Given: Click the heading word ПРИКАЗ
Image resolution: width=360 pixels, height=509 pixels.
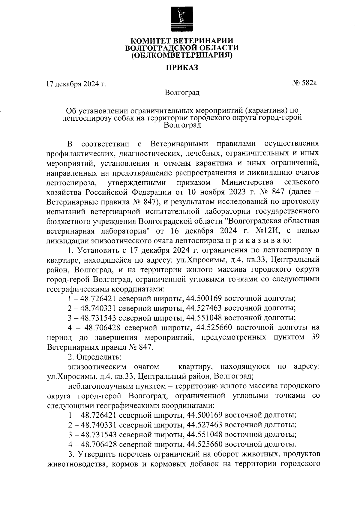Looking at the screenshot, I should click(x=182, y=68).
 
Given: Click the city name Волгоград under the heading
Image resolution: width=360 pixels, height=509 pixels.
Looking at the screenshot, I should click(x=182, y=92).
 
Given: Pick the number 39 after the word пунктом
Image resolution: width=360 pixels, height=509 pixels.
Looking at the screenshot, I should click(x=314, y=337).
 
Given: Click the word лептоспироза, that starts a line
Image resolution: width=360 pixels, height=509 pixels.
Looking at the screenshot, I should click(x=72, y=182).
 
